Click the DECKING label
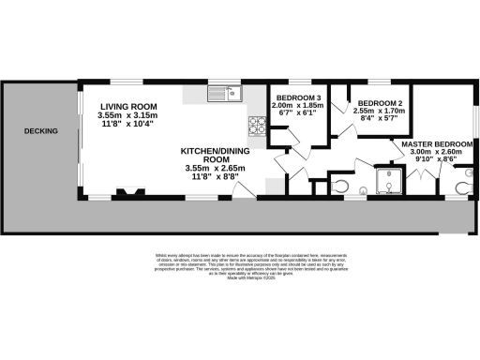click(x=41, y=131)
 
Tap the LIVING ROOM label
click(x=129, y=107)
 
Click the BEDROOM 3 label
click(x=296, y=98)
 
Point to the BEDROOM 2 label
click(x=381, y=103)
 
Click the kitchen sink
click(x=226, y=93)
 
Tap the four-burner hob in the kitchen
click(x=257, y=123)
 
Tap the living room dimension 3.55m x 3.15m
click(x=129, y=116)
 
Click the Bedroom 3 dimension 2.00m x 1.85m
click(x=296, y=108)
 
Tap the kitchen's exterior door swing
click(x=242, y=189)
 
